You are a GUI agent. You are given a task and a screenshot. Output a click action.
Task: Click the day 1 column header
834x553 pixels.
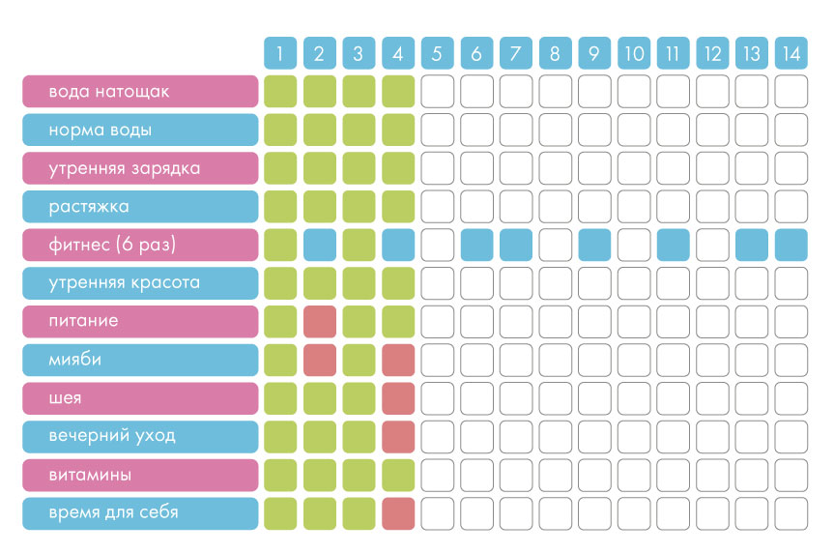[x=280, y=53]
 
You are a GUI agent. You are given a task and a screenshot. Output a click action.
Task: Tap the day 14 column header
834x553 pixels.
[x=791, y=53]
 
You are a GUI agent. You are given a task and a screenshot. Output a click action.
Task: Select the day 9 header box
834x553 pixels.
[x=594, y=53]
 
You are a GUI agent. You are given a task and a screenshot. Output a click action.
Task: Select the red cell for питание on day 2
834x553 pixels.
[x=320, y=322]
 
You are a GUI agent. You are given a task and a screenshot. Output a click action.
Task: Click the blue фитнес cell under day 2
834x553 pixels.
[x=320, y=245]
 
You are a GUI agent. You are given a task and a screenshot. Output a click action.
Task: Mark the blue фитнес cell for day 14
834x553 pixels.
[x=791, y=245]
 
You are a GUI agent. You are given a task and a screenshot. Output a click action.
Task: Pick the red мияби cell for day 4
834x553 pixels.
[x=398, y=360]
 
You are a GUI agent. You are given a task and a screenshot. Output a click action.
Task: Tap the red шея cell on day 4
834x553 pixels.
[x=398, y=398]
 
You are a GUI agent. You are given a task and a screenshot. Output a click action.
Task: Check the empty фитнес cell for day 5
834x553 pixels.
[x=437, y=245]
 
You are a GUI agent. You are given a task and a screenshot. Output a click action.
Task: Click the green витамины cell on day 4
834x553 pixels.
[x=398, y=475]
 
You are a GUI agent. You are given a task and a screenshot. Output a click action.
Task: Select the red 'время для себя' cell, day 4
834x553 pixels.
[x=398, y=513]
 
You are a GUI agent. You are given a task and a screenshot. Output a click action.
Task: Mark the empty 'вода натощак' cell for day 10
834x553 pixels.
[x=634, y=92]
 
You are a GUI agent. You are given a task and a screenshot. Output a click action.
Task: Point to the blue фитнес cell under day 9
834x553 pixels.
[x=594, y=245]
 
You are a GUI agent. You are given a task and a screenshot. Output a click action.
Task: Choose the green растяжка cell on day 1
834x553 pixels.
[x=280, y=207]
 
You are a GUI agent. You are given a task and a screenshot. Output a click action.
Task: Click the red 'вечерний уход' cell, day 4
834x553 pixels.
[x=398, y=436]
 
